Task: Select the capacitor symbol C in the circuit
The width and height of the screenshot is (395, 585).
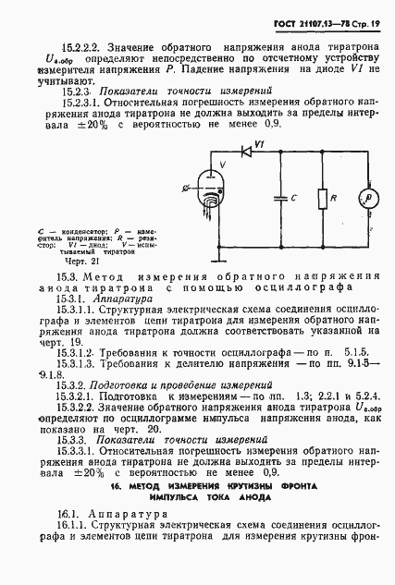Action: click(x=277, y=199)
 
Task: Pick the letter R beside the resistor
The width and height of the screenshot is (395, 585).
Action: click(x=335, y=196)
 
